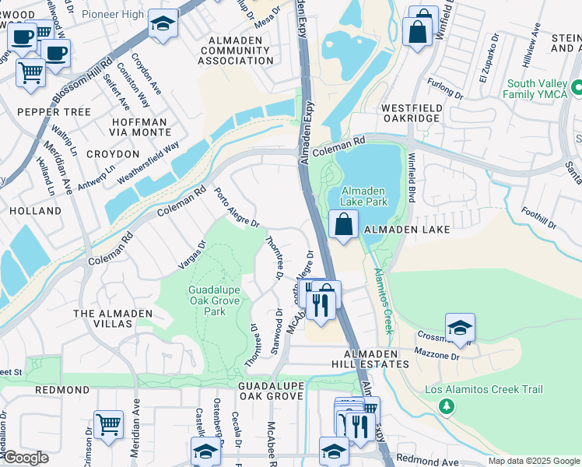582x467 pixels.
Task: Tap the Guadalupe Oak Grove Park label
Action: point(207,300)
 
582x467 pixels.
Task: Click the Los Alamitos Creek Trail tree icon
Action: point(447,406)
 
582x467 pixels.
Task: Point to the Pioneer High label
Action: point(113,14)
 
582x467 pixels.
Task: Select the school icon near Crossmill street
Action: point(460,328)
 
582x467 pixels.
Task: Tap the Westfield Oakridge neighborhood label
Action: point(411,113)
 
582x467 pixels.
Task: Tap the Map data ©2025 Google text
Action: point(533,461)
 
